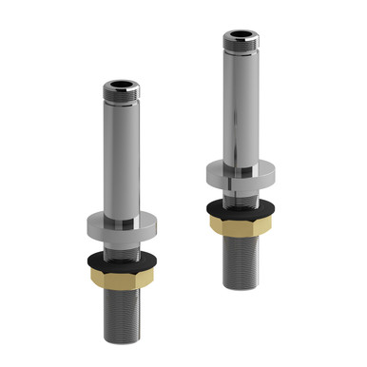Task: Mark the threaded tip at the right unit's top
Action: (241, 43)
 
